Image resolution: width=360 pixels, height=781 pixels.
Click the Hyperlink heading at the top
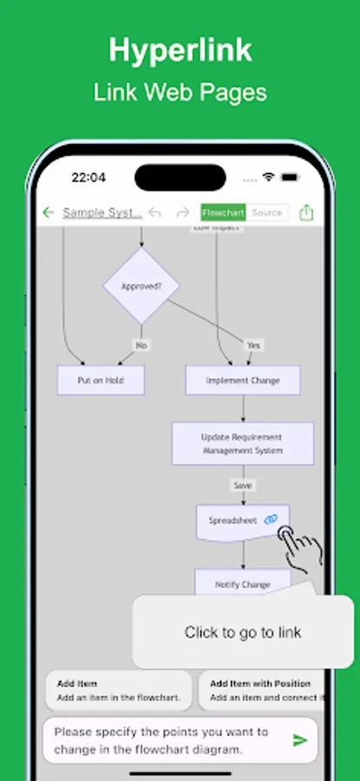pos(180,50)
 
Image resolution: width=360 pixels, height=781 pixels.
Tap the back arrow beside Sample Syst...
pos(49,213)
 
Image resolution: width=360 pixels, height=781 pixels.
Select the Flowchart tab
pos(223,213)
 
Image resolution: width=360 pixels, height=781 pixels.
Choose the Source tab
pos(266,213)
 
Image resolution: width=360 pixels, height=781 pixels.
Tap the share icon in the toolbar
pos(306,213)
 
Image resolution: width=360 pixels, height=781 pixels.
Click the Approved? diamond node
pos(141,285)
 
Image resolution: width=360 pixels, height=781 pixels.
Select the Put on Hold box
pos(101,380)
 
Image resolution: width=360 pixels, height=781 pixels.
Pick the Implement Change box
pos(243,380)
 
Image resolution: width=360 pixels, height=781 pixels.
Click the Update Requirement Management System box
pos(242,443)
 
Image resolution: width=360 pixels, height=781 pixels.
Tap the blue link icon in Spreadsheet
pos(272,519)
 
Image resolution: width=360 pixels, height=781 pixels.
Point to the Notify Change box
pos(243,583)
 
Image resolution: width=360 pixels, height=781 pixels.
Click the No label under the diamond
pos(141,345)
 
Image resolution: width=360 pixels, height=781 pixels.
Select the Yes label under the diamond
pos(253,345)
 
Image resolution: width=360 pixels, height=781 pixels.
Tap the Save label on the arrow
pos(242,485)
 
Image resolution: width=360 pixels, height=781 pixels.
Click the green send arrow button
pos(300,740)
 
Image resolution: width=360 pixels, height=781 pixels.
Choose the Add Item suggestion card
pos(118,690)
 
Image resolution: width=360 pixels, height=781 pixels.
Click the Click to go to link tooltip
pos(243,632)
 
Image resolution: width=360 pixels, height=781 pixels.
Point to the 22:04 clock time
pos(88,178)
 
